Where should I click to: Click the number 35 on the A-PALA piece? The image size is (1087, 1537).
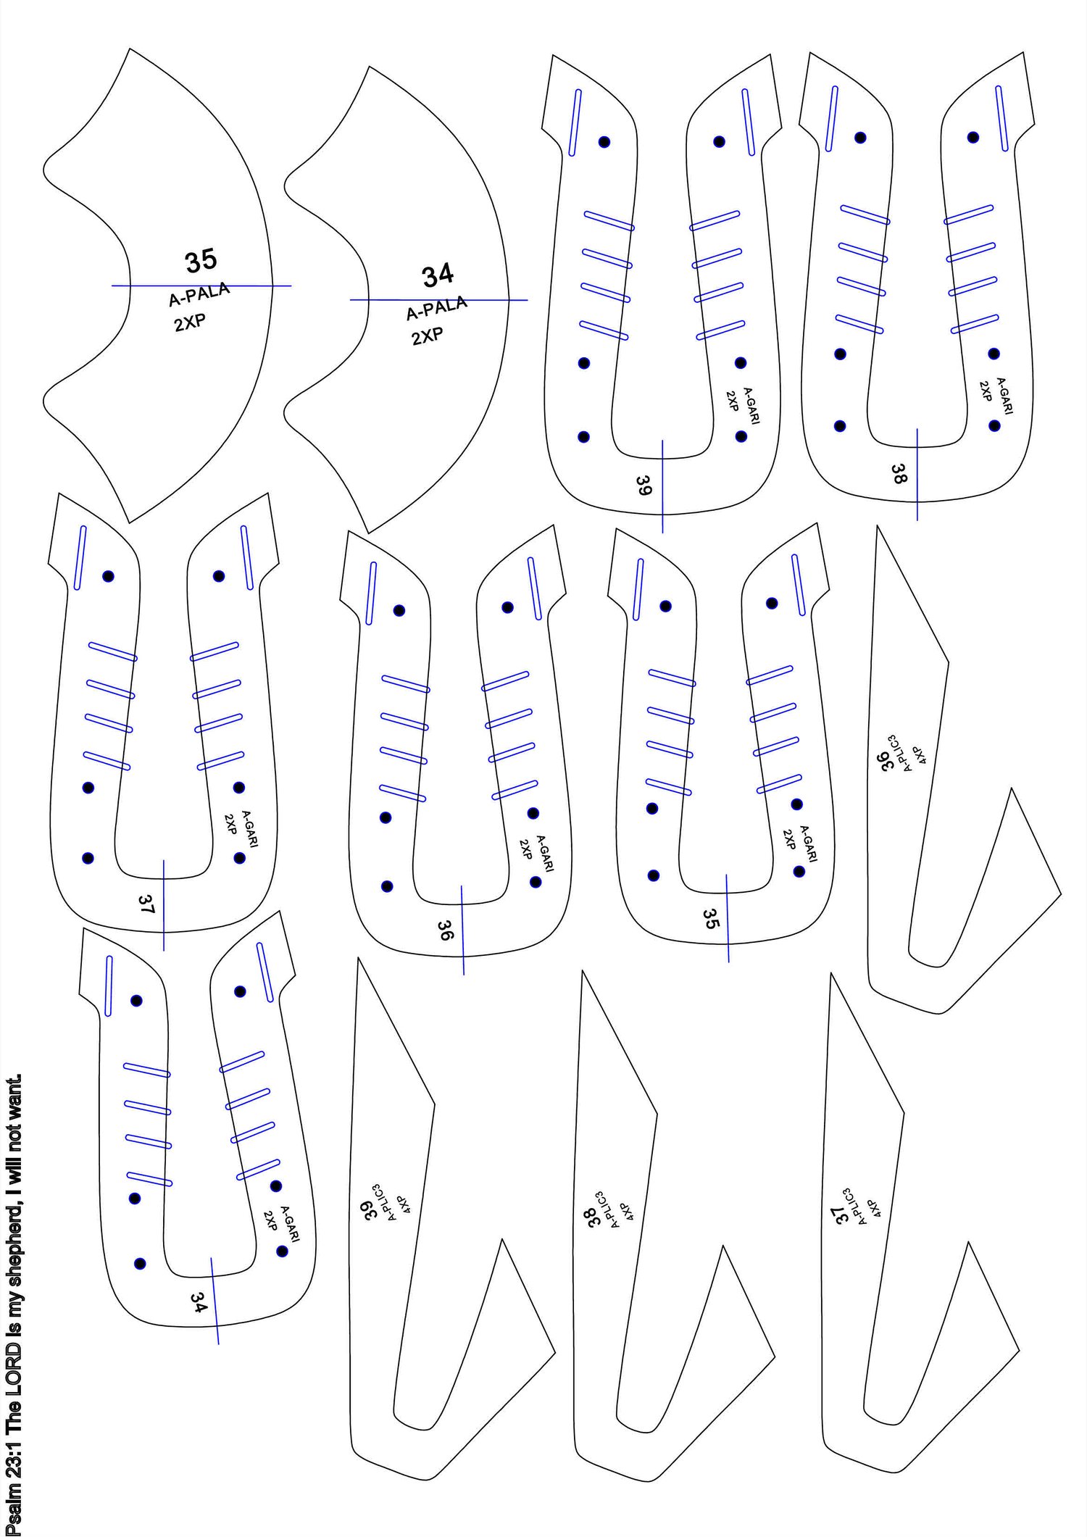(x=201, y=261)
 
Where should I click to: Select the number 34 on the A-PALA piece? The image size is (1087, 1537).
(x=438, y=275)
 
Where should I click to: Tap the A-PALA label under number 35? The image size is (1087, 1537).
(x=199, y=294)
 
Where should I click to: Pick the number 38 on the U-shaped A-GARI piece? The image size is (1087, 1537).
(x=899, y=474)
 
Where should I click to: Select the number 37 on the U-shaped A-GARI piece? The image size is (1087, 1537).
(x=146, y=904)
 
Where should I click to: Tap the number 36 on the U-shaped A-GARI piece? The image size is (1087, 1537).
(x=445, y=930)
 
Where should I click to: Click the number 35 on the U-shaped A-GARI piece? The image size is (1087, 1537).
(x=711, y=919)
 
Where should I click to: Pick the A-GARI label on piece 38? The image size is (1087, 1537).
(x=1004, y=396)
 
